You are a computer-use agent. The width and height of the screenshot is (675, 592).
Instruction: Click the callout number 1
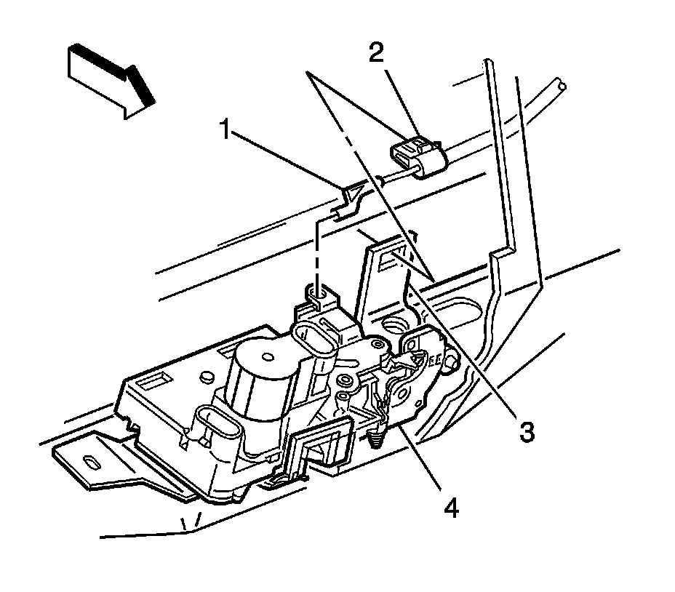point(225,132)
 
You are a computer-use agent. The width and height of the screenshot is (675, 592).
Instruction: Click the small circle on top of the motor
point(271,356)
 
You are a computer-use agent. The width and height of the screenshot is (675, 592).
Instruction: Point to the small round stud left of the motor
point(206,377)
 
